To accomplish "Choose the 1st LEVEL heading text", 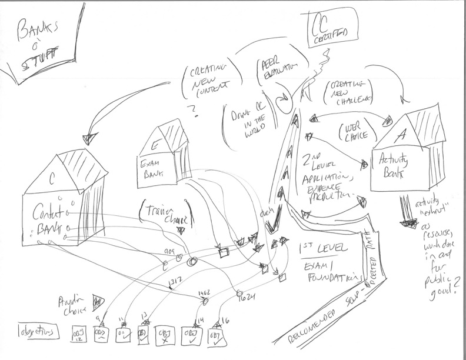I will pyautogui.click(x=324, y=248).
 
